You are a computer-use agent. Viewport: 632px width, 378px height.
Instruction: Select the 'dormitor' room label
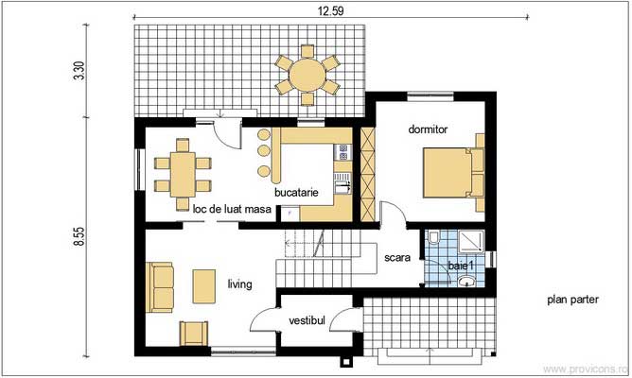coord(428,129)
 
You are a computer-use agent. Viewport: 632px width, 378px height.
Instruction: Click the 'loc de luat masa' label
coord(232,208)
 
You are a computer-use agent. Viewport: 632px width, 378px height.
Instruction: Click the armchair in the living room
coord(195,332)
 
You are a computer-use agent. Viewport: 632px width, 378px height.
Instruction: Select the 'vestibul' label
coord(307,321)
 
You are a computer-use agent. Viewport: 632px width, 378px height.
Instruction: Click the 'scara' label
coord(396,256)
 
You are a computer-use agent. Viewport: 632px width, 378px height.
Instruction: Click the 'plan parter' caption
coord(572,301)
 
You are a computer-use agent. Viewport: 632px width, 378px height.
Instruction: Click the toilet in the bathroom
coord(433,243)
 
